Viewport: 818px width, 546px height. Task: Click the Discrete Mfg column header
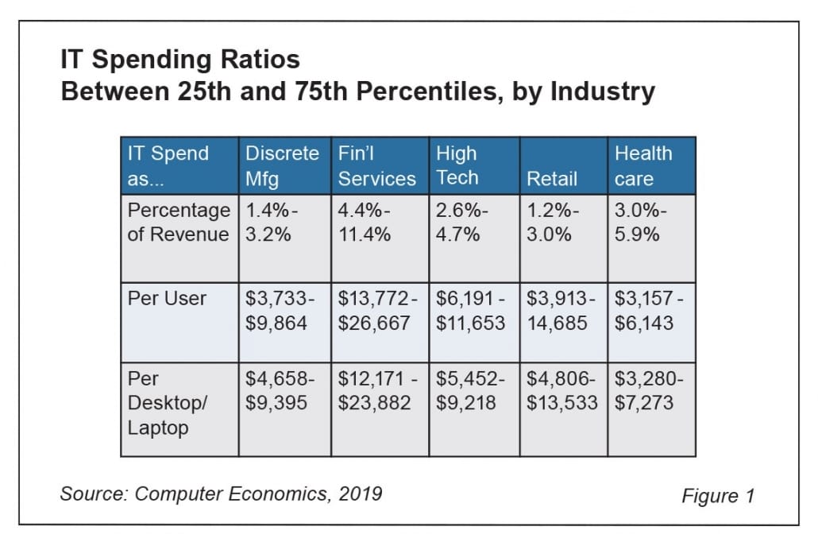point(283,165)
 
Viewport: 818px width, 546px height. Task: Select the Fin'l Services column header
point(377,165)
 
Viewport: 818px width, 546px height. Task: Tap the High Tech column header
point(473,165)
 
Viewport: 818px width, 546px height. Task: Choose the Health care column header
point(651,165)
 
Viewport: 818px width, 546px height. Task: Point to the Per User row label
point(167,299)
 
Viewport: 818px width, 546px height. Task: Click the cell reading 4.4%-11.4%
point(379,223)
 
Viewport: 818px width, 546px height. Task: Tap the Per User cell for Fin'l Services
point(379,311)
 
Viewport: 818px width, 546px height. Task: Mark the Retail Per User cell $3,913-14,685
point(562,311)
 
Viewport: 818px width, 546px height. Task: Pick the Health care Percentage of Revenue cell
point(651,223)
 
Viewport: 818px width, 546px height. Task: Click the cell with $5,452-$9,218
point(473,391)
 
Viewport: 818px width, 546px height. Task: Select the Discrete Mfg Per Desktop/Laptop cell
point(284,391)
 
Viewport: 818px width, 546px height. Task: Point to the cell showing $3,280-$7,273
point(651,391)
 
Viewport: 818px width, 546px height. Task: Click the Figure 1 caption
point(718,496)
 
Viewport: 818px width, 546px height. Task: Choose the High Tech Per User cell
point(473,311)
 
